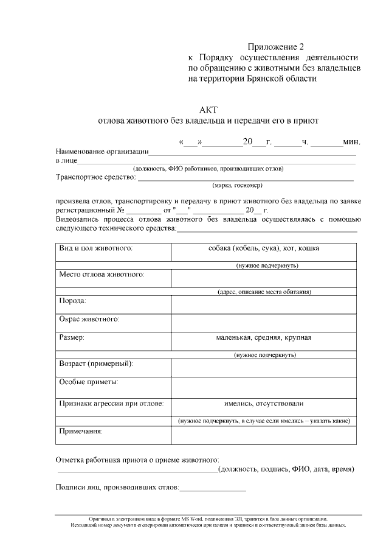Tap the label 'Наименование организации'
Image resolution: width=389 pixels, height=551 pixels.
(102, 152)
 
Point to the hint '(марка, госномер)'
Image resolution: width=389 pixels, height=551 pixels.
(237, 186)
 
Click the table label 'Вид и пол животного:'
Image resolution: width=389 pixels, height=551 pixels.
(95, 248)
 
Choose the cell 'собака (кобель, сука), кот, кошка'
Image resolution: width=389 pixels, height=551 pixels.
(264, 248)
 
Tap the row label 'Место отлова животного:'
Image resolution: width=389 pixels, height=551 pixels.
(102, 275)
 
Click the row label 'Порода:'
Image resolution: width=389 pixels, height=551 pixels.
(72, 301)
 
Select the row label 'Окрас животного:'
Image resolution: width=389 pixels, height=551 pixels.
(89, 319)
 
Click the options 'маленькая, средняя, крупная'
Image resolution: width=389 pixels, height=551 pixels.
(264, 337)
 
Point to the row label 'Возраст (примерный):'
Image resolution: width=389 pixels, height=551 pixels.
(96, 363)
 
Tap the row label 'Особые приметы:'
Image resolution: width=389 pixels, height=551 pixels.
(88, 382)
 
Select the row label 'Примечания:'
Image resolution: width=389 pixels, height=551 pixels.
(80, 431)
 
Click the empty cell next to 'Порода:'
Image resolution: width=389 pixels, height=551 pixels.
(264, 303)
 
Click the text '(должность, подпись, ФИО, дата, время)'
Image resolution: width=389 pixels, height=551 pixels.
(286, 469)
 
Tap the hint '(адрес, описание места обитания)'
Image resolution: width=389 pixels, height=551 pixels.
(264, 292)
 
